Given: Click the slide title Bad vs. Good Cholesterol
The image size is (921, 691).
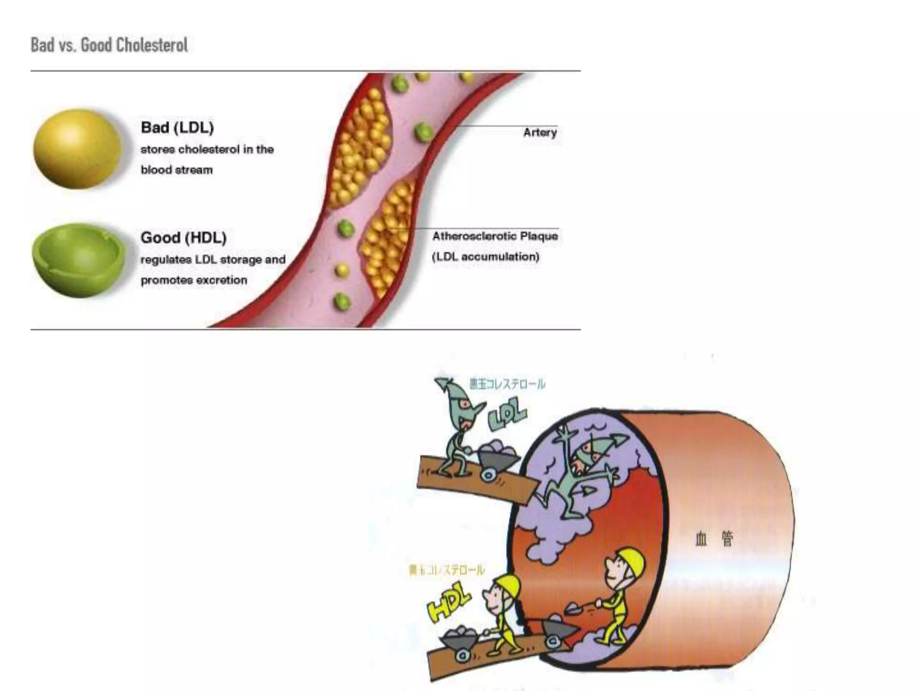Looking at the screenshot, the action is click(x=109, y=45).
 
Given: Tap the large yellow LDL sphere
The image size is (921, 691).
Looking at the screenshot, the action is click(x=77, y=148).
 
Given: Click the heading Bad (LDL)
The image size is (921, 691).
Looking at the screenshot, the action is click(x=177, y=127).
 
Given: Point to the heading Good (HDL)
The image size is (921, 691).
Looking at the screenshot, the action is click(x=183, y=238).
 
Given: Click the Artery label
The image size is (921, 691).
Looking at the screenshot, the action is click(x=540, y=133).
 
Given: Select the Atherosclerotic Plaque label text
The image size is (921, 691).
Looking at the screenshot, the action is click(x=495, y=236).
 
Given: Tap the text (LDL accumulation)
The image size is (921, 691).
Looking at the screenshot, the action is click(x=486, y=257).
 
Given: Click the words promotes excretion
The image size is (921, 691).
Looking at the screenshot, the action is click(x=194, y=280).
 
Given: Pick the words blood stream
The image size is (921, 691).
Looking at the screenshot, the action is click(x=176, y=170).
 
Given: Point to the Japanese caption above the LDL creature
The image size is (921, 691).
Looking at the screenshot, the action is click(x=507, y=384).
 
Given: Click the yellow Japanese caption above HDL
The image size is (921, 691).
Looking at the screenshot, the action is click(x=447, y=570).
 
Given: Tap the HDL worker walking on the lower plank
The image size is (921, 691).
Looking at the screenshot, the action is click(x=504, y=616).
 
